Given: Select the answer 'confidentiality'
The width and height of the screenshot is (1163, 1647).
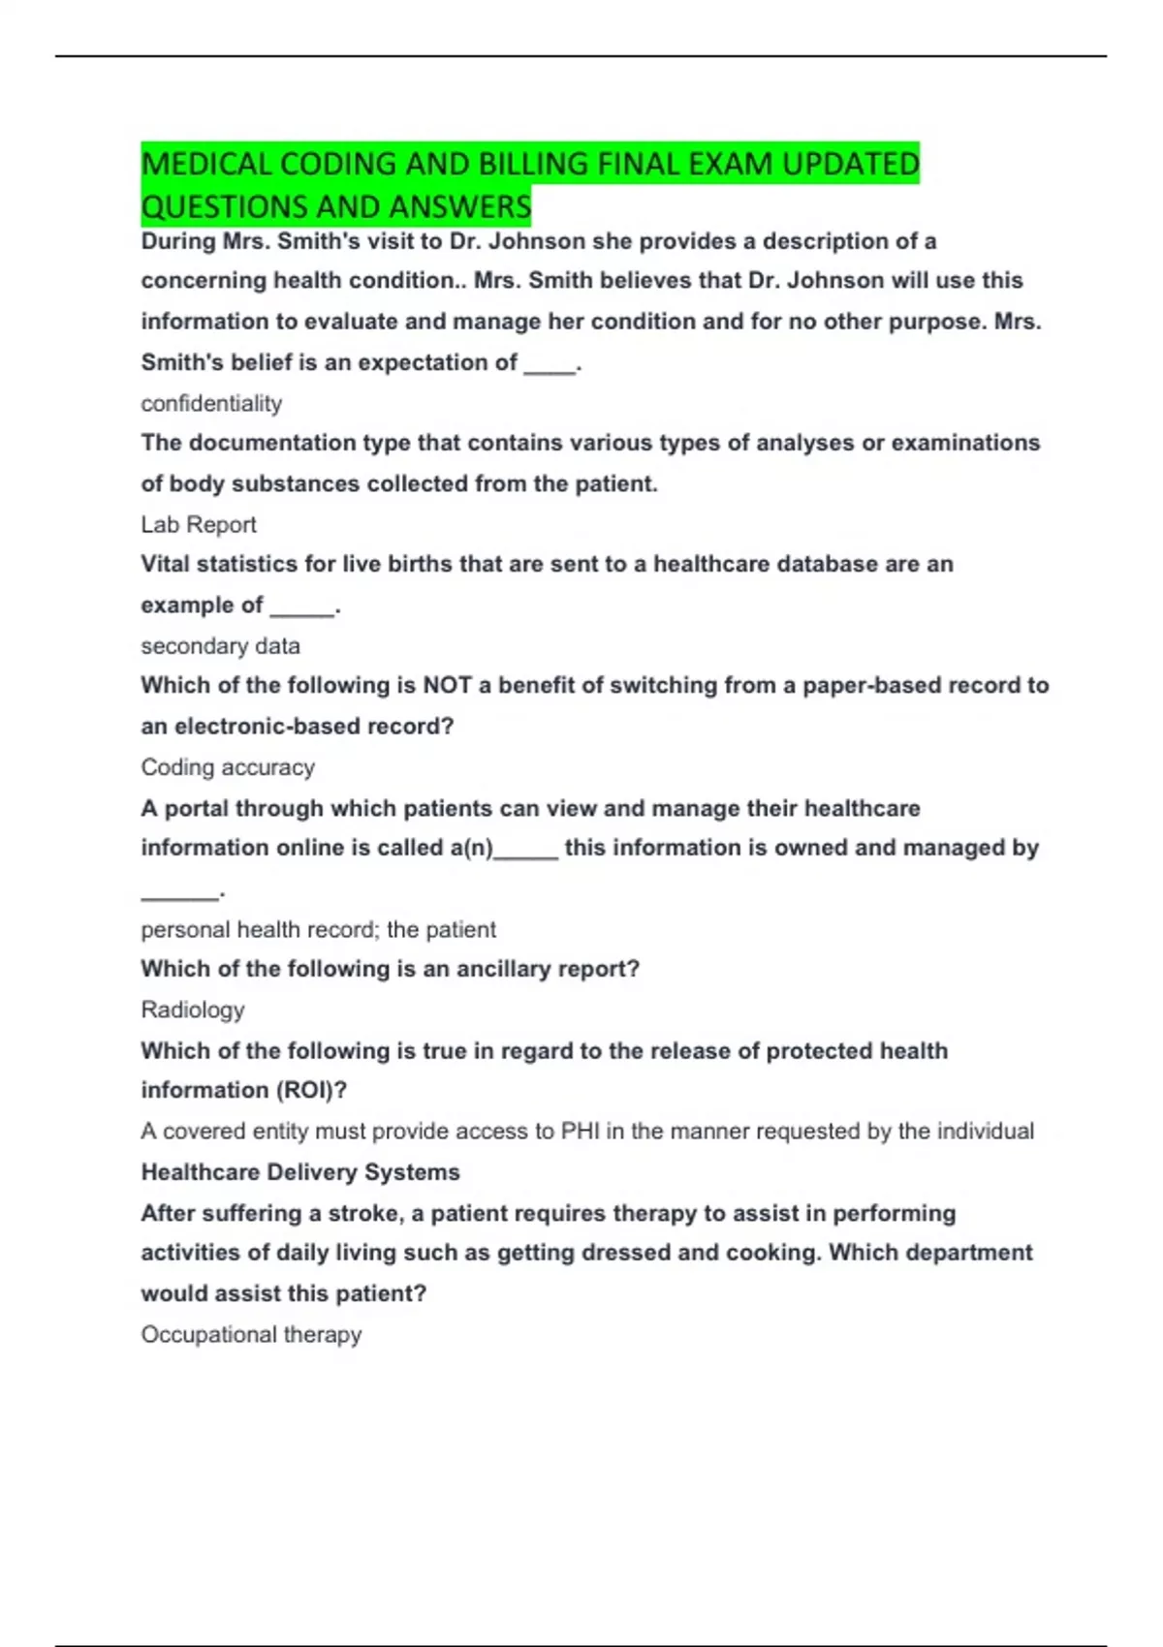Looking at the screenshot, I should tap(211, 403).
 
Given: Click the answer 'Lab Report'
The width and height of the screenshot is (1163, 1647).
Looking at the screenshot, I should tap(199, 524).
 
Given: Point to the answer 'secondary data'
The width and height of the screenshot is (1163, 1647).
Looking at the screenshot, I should tap(220, 645).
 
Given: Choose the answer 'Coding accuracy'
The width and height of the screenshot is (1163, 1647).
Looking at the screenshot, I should tap(228, 767).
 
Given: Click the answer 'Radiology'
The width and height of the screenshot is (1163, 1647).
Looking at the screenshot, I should tap(193, 1010).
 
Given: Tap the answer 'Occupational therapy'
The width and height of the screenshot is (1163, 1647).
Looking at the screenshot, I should tap(251, 1334).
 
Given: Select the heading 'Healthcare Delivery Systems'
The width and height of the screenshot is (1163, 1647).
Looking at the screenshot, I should tap(300, 1172).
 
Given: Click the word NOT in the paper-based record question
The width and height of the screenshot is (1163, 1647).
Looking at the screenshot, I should tap(447, 686).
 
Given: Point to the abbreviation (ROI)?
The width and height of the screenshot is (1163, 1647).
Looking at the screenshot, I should tap(312, 1090).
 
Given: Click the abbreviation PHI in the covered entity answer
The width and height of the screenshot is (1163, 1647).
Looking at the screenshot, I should tap(581, 1131).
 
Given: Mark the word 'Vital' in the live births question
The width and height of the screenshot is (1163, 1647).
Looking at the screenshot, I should tap(166, 564).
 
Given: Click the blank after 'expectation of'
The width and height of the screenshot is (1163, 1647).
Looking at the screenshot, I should tap(550, 364).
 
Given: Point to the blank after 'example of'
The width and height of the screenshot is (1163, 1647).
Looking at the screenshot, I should tap(301, 607).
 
